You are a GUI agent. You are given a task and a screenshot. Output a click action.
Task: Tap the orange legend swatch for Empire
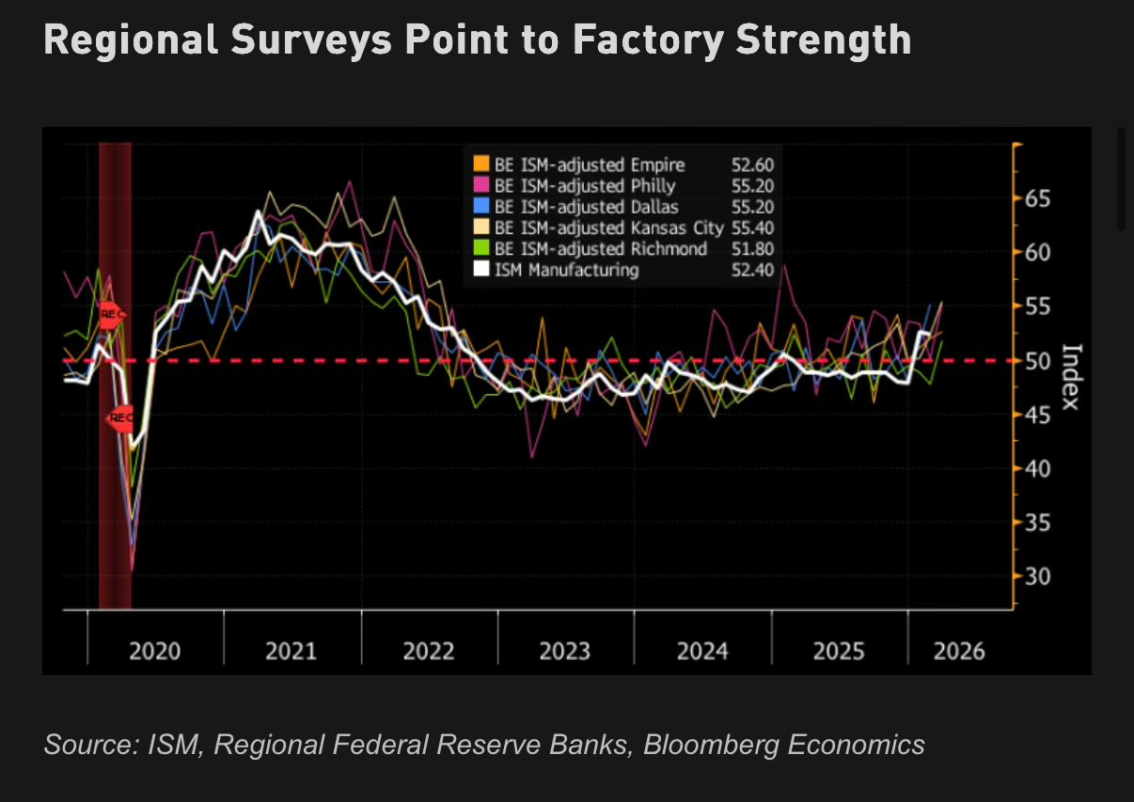pyautogui.click(x=481, y=165)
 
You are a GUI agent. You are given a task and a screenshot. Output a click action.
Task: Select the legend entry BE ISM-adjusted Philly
pyautogui.click(x=584, y=186)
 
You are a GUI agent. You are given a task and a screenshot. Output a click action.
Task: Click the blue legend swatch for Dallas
pyautogui.click(x=481, y=207)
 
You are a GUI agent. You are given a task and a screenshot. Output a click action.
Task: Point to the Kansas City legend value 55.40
pyautogui.click(x=752, y=228)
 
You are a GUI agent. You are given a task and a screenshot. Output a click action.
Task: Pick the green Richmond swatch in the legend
pyautogui.click(x=481, y=248)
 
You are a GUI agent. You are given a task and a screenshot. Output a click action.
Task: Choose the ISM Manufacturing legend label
pyautogui.click(x=567, y=270)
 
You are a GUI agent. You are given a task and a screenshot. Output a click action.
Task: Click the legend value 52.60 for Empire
pyautogui.click(x=752, y=165)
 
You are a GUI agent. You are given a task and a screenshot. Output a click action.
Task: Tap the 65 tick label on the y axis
pyautogui.click(x=1038, y=198)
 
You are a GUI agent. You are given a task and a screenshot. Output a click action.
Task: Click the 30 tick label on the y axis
pyautogui.click(x=1038, y=576)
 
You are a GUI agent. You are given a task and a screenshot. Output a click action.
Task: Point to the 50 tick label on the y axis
pyautogui.click(x=1038, y=361)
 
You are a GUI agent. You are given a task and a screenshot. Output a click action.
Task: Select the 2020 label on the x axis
pyautogui.click(x=155, y=651)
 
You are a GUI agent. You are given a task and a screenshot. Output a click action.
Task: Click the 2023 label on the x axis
pyautogui.click(x=565, y=651)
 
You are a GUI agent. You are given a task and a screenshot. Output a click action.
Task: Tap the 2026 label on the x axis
pyautogui.click(x=959, y=651)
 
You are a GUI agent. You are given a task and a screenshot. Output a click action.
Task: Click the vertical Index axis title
pyautogui.click(x=1069, y=376)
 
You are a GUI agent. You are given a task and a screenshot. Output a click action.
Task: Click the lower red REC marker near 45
pyautogui.click(x=120, y=417)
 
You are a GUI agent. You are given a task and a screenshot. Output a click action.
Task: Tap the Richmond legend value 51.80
pyautogui.click(x=752, y=248)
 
